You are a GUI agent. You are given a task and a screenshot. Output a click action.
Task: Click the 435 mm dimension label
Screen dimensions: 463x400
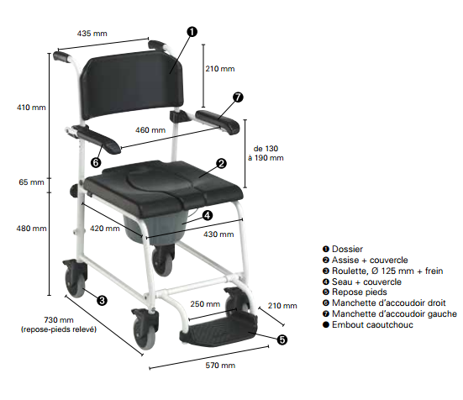click(92, 34)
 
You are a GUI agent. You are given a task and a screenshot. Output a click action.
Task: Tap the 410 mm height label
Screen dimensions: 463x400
click(31, 108)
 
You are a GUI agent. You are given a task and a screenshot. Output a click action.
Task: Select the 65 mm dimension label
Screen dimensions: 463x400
click(31, 182)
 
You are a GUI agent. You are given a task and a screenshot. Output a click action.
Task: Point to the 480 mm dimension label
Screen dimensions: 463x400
click(31, 229)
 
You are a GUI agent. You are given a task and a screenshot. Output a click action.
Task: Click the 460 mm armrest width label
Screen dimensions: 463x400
click(150, 130)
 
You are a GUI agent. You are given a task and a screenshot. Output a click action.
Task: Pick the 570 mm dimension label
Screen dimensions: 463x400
click(220, 366)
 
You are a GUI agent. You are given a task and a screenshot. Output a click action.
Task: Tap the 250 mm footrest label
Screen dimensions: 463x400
click(205, 303)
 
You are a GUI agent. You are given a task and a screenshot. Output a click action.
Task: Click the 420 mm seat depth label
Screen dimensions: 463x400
click(105, 229)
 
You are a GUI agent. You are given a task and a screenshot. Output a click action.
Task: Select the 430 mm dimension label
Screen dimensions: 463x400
click(218, 234)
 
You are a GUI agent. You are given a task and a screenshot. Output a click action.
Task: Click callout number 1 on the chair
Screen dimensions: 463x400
click(192, 32)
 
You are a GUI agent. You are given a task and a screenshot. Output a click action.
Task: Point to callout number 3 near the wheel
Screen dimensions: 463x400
click(102, 301)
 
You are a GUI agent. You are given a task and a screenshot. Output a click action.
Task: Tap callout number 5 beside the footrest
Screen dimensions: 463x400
click(282, 339)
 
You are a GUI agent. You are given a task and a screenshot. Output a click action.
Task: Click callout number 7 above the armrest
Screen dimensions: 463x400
click(238, 97)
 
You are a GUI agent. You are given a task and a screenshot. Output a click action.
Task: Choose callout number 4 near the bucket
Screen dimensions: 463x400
click(208, 215)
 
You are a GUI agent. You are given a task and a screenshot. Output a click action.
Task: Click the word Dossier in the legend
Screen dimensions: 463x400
click(347, 249)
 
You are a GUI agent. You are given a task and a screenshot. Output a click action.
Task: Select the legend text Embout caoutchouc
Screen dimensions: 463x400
click(372, 324)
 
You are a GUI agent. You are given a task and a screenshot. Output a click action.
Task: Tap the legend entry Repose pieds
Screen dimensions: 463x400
click(360, 292)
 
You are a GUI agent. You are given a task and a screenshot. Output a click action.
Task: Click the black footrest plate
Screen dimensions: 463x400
click(218, 330)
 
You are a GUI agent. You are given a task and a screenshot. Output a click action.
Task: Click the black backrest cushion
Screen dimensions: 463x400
click(132, 84)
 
